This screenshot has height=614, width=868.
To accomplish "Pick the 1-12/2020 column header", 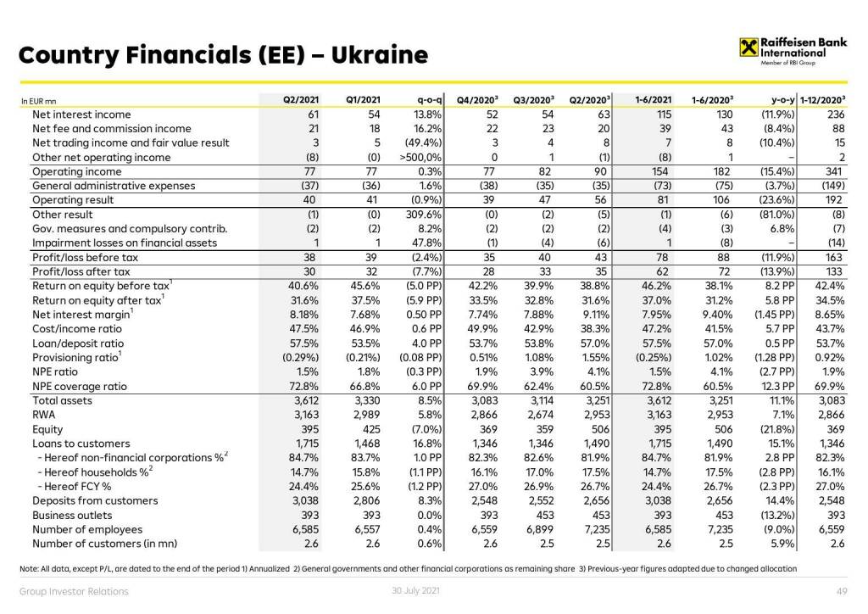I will pyautogui.click(x=822, y=100).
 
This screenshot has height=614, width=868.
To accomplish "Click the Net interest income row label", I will pyautogui.click(x=81, y=114).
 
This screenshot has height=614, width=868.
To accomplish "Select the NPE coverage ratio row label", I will pyautogui.click(x=80, y=386).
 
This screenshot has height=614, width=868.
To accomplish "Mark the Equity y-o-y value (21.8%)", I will pyautogui.click(x=772, y=429).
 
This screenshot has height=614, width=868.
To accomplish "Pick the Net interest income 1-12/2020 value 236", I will pyautogui.click(x=836, y=114).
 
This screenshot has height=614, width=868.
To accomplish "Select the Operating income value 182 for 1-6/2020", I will pyautogui.click(x=724, y=171).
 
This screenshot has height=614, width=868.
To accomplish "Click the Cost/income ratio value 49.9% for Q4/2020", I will pyautogui.click(x=482, y=328).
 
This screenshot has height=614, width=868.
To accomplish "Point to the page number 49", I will pyautogui.click(x=842, y=591).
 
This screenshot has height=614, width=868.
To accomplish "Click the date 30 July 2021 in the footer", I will pyautogui.click(x=409, y=590).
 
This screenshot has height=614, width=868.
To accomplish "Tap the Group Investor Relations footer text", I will pyautogui.click(x=75, y=591).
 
